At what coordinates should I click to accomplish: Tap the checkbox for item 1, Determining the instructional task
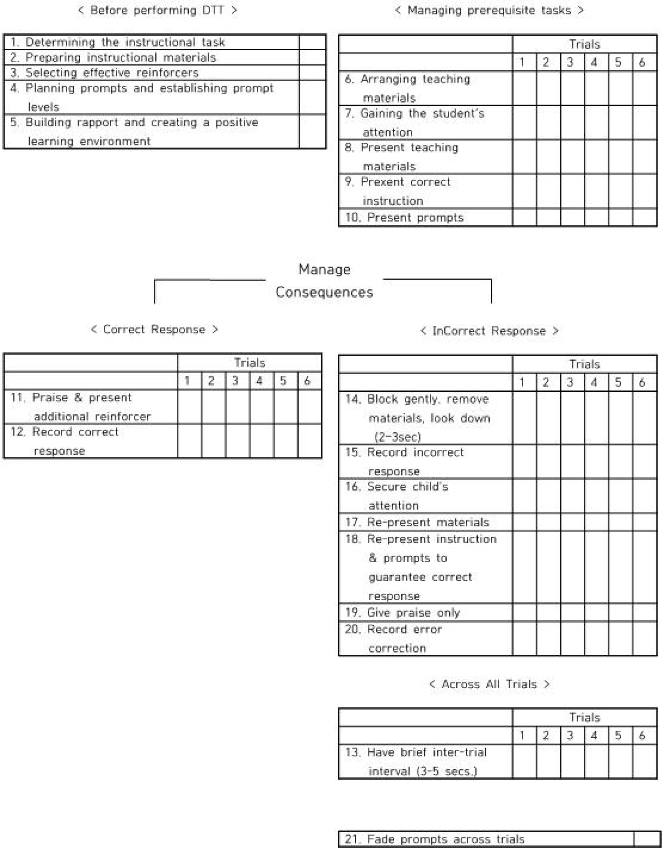click(312, 42)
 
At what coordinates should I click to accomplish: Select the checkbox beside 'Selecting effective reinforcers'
click(312, 73)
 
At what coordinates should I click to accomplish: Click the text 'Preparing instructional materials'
click(121, 58)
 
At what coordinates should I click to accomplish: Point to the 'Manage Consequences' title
click(324, 281)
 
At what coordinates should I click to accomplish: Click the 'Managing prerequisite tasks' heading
click(489, 10)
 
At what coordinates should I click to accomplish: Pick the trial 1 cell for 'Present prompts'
click(525, 217)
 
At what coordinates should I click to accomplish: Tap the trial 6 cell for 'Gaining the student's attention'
click(645, 123)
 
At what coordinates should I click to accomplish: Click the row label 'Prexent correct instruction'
click(397, 191)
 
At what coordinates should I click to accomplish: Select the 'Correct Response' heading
click(154, 330)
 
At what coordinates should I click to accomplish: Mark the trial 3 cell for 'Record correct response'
click(238, 441)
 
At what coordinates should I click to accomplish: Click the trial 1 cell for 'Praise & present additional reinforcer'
click(189, 407)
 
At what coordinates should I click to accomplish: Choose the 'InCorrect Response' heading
click(489, 331)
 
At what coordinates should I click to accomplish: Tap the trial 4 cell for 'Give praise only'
click(597, 613)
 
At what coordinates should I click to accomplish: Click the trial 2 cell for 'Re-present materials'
click(548, 522)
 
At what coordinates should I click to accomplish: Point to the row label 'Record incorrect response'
click(404, 462)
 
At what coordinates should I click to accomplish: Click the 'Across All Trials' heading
click(489, 684)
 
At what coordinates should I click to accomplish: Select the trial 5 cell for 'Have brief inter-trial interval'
click(621, 762)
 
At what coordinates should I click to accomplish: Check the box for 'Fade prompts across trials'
click(645, 840)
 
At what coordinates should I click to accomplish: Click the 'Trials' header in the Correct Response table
click(249, 363)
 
